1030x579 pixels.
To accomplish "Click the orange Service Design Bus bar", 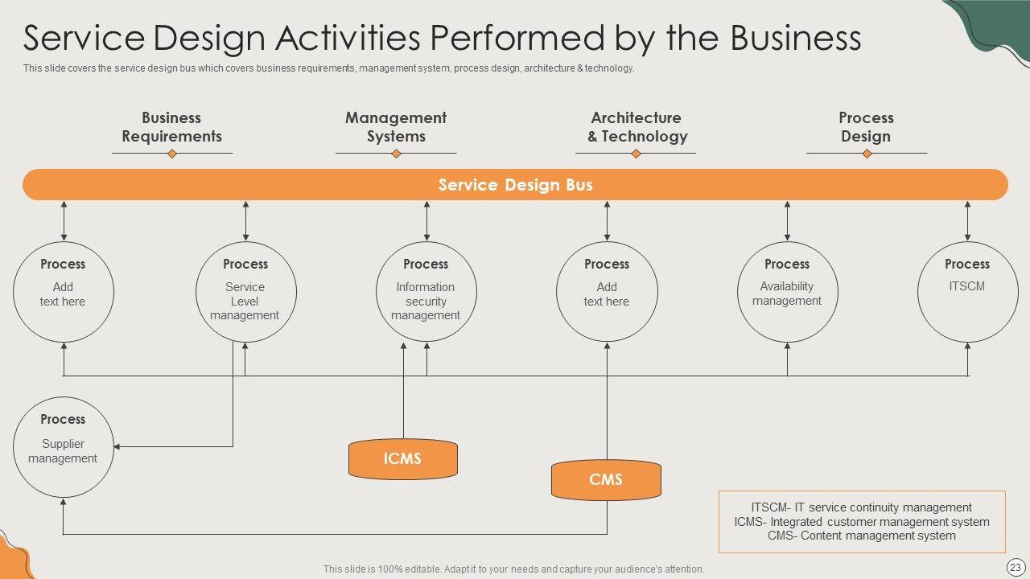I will coord(515,184).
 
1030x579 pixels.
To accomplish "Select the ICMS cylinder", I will coord(402,458).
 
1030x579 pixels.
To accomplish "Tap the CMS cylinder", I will coord(606,479).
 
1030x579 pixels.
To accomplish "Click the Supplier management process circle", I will coord(63,447).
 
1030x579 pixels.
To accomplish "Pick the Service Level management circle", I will coord(245,292).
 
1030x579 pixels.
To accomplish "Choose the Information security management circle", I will coord(426,292).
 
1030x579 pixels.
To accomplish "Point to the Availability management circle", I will coord(787,292).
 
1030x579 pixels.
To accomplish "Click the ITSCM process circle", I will coord(967,292).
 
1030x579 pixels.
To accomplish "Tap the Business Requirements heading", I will coord(171,127).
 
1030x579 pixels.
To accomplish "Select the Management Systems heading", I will coord(396,127).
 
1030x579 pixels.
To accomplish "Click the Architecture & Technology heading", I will coord(637,127).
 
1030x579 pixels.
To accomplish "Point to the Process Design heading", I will coord(866,127).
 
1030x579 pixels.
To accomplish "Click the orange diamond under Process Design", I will coord(867,154).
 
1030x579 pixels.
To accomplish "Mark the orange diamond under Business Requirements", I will coord(171,154).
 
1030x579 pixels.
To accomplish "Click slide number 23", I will coord(1016,567).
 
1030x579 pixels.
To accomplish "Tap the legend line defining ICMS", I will coord(862,522).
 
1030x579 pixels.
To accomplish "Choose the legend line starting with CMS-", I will coord(862,536).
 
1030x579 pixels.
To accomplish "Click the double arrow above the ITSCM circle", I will coord(967,220).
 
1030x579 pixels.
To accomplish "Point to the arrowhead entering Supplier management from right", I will coord(117,446).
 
